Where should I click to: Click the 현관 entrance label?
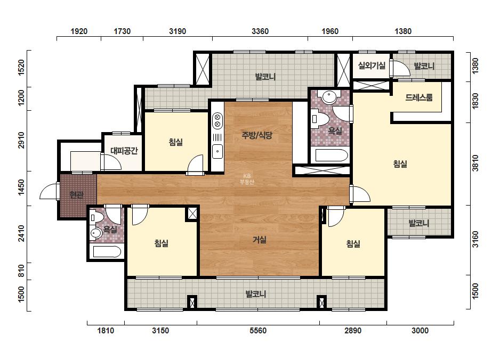[77, 195]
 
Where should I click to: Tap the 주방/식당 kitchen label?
[257, 135]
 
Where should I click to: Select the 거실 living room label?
[260, 240]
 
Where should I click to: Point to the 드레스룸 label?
[419, 97]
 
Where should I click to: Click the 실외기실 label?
[372, 66]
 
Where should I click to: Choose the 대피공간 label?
[124, 151]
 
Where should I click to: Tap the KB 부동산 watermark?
[247, 179]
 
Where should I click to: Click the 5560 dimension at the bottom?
[258, 331]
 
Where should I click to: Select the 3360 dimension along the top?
[260, 31]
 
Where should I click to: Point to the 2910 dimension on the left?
[21, 140]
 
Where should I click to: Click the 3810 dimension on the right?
[475, 163]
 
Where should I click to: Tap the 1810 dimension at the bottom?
[106, 331]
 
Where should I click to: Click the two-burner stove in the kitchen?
[217, 121]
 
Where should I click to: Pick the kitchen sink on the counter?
[217, 152]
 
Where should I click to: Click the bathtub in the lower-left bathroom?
[107, 252]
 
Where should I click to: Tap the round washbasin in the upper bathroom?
[329, 97]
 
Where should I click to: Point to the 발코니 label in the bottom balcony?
[256, 294]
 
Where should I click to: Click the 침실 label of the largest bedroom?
[400, 163]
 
